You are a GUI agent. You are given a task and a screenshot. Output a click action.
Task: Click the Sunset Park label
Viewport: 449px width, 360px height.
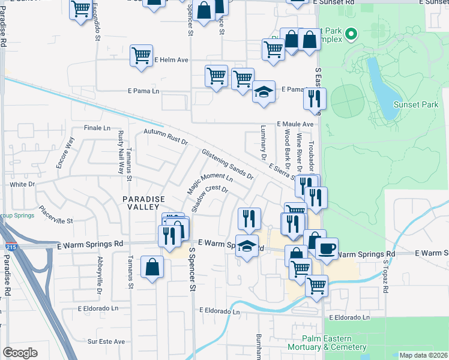click(x=415, y=104)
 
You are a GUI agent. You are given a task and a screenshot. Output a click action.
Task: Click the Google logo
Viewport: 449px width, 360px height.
click(x=20, y=353)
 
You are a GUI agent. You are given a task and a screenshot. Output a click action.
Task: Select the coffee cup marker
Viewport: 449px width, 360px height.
click(x=327, y=248)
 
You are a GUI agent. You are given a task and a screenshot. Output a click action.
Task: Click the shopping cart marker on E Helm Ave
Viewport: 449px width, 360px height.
click(x=142, y=56)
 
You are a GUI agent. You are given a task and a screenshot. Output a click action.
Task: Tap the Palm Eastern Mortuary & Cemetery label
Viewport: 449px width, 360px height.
click(x=334, y=343)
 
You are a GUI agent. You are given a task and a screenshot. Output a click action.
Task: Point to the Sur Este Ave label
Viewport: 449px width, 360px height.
click(x=106, y=341)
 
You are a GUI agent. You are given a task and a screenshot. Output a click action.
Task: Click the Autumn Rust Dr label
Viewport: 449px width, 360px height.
click(x=166, y=138)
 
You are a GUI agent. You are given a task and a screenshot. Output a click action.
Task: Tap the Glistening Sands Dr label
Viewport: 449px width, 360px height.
click(x=228, y=164)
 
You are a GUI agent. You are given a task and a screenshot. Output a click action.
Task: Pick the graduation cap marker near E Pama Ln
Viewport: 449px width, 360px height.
click(x=263, y=91)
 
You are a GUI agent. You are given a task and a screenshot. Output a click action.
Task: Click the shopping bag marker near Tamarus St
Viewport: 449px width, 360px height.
click(x=152, y=266)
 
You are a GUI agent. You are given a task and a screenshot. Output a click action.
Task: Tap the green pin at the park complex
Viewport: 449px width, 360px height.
click(x=352, y=34)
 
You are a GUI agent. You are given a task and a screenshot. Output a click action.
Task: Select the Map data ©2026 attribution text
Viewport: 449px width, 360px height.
click(x=423, y=355)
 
